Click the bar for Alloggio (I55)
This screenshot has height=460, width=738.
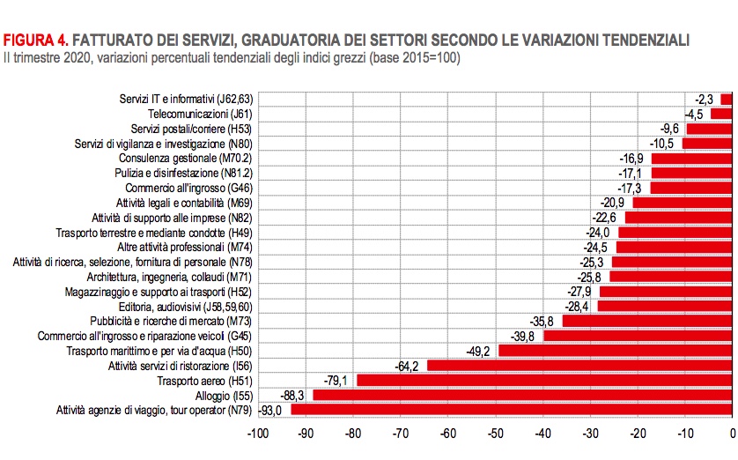tap(523, 395)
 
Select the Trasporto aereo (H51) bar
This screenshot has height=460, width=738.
tap(544, 380)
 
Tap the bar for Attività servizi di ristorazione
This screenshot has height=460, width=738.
tap(579, 365)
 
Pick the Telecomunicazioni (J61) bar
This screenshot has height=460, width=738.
tap(721, 114)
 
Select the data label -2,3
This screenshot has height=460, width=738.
tap(703, 99)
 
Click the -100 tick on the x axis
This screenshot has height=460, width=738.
tap(258, 433)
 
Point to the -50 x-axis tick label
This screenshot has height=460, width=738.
tap(495, 433)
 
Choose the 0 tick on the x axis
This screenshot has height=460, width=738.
tap(732, 433)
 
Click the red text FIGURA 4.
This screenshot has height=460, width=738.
tap(35, 41)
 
